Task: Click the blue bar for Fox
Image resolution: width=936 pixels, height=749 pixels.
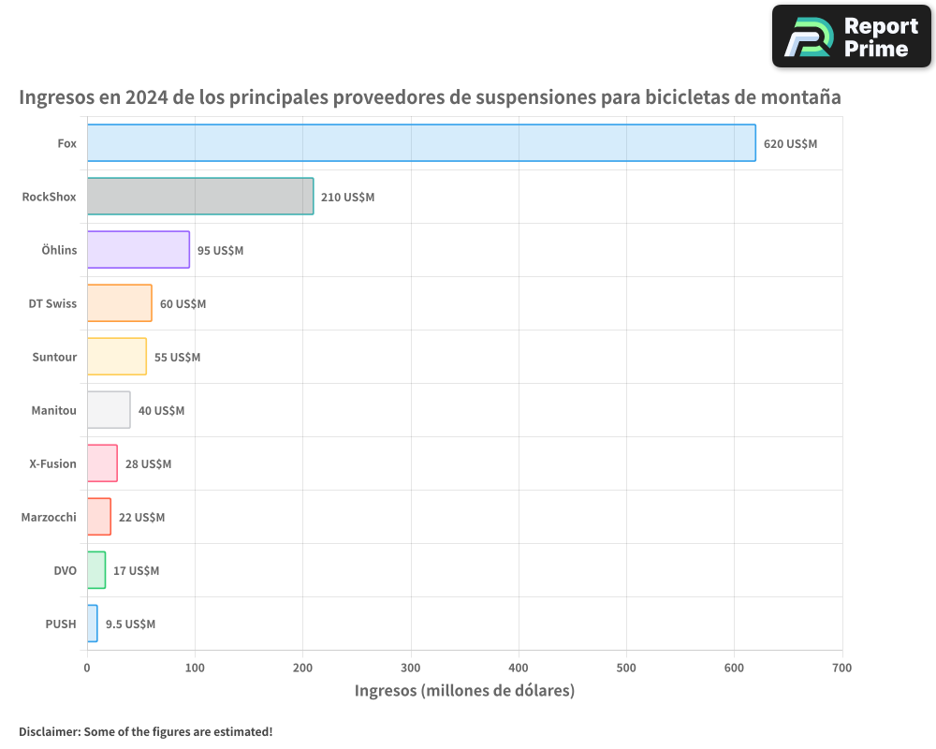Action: tap(421, 143)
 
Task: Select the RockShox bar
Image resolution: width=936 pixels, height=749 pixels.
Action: tap(200, 197)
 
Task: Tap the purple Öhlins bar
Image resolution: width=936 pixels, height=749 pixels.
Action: tap(139, 250)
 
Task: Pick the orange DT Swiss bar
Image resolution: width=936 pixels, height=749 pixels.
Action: tap(119, 303)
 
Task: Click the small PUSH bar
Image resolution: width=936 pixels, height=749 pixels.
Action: tap(92, 624)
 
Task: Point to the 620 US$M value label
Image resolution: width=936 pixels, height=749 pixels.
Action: tap(790, 144)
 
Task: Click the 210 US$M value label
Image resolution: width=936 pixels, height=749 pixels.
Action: tap(347, 198)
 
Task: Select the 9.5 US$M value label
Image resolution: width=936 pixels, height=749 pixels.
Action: tap(130, 624)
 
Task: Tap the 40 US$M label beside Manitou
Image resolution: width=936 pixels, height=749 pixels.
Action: tap(161, 411)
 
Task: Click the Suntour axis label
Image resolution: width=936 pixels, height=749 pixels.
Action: tap(54, 357)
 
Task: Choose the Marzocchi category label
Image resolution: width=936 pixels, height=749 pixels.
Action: tap(49, 517)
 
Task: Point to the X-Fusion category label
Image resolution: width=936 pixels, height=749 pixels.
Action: tap(52, 463)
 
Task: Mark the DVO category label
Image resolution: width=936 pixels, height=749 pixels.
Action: tap(65, 570)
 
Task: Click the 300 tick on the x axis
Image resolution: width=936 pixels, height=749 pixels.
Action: tap(411, 668)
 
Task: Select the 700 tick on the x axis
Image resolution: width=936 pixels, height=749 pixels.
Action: tap(841, 668)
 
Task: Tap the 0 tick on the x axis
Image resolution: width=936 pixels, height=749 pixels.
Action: tap(87, 668)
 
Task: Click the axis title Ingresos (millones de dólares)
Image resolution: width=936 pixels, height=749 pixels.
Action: tap(464, 691)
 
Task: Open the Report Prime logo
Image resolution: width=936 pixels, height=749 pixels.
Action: tap(851, 37)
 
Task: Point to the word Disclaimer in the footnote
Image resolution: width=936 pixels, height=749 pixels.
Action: tap(48, 731)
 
